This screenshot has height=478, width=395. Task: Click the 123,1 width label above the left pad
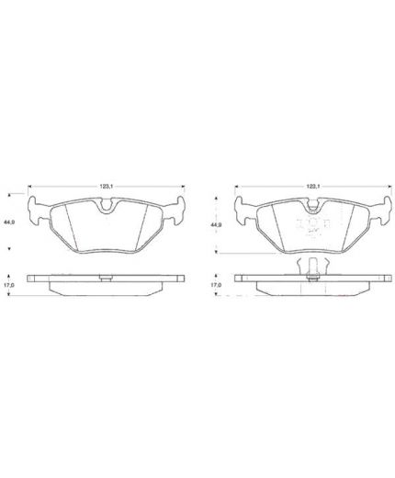coord(106,186)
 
